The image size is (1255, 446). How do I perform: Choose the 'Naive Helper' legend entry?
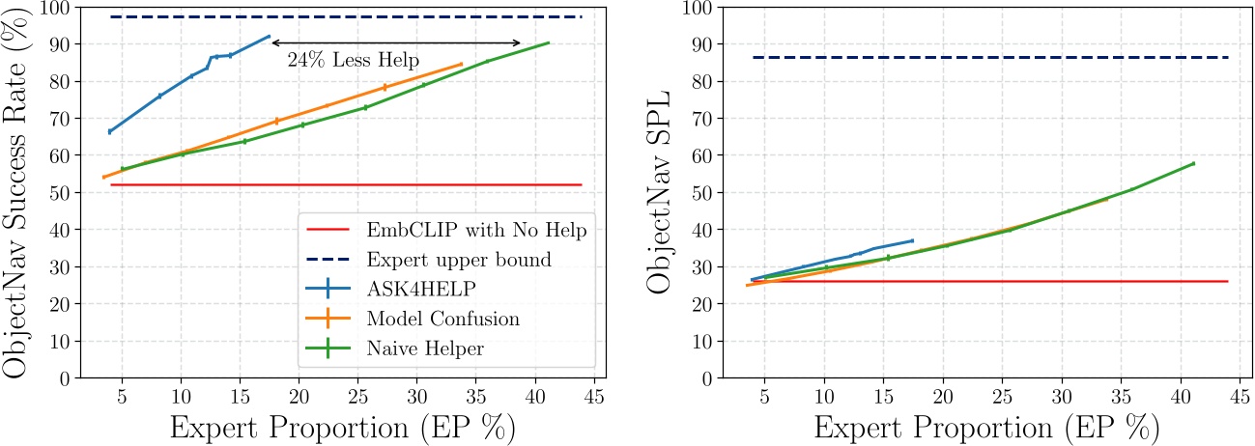point(426,349)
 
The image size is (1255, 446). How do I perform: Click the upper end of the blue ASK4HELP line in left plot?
point(270,37)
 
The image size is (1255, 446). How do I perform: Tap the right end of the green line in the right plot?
point(1194,163)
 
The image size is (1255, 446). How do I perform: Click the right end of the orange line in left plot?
point(462,64)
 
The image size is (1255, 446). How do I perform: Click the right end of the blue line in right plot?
point(912,240)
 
